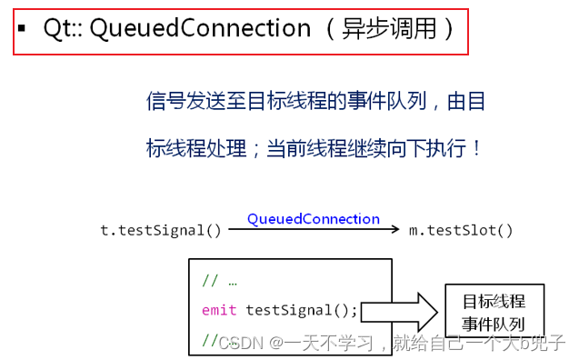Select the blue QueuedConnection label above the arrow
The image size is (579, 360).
313,219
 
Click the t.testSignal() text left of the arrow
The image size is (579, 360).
161,230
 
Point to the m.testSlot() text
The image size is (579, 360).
461,230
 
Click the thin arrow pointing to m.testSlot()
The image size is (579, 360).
314,231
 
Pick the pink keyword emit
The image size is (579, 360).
219,310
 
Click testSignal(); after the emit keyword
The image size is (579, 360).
301,310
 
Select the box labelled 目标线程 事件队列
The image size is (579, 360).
494,311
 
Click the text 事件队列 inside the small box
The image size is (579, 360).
494,323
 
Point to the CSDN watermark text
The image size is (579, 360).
241,343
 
